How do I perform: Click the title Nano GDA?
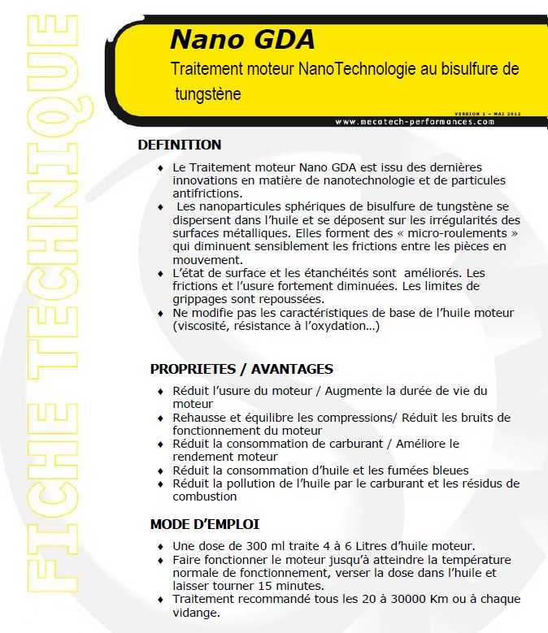point(242,39)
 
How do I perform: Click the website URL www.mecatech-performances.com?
point(414,122)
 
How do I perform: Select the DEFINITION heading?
point(180,145)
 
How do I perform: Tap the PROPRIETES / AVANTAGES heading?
point(241,369)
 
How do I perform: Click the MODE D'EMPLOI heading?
point(204,524)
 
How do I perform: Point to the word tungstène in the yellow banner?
point(208,93)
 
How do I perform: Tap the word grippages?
point(200,299)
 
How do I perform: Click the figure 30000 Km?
point(385,600)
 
